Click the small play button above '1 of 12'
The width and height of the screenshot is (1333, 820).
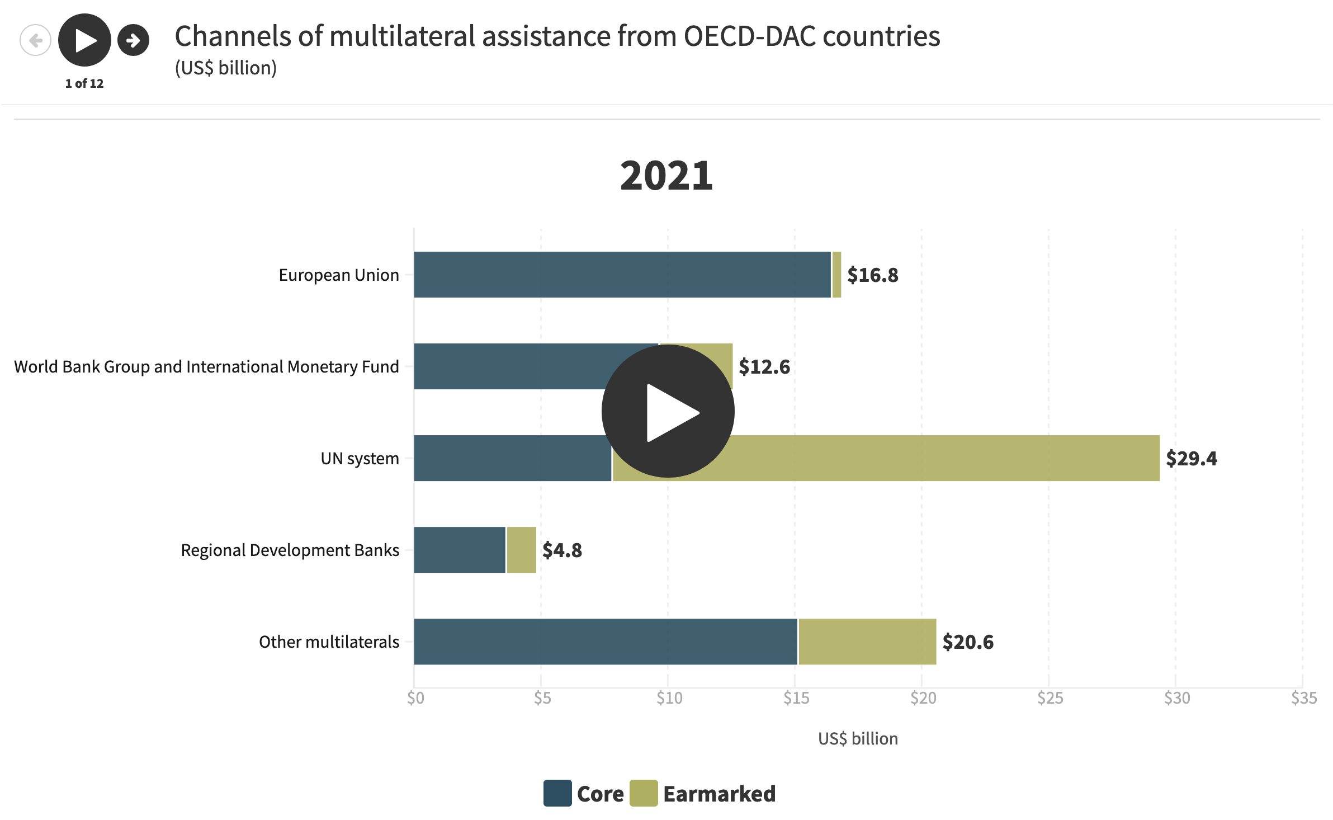click(x=84, y=40)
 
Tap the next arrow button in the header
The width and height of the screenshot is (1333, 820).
click(x=133, y=40)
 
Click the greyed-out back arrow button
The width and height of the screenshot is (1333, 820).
click(x=35, y=40)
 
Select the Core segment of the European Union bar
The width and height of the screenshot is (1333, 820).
click(x=622, y=275)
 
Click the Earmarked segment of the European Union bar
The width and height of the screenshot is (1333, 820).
click(x=836, y=275)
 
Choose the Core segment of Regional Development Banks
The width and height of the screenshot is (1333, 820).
click(x=459, y=550)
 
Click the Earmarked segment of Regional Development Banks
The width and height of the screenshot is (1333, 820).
click(x=521, y=550)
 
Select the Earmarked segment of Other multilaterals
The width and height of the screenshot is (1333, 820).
click(x=867, y=642)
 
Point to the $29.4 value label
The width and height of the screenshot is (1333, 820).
click(x=1191, y=459)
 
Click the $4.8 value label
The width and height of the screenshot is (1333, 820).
click(x=562, y=550)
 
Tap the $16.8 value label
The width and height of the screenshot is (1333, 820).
click(x=872, y=275)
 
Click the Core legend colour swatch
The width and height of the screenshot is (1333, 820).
click(x=557, y=793)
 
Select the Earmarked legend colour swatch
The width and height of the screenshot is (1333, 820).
click(x=643, y=793)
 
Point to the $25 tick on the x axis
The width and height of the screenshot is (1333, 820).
click(x=1050, y=698)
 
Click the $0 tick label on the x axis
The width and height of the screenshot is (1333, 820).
click(x=415, y=698)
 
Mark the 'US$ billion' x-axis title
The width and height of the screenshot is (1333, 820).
click(x=858, y=739)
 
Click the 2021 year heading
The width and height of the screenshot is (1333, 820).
click(x=666, y=176)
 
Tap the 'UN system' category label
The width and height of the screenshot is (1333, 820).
click(x=360, y=459)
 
